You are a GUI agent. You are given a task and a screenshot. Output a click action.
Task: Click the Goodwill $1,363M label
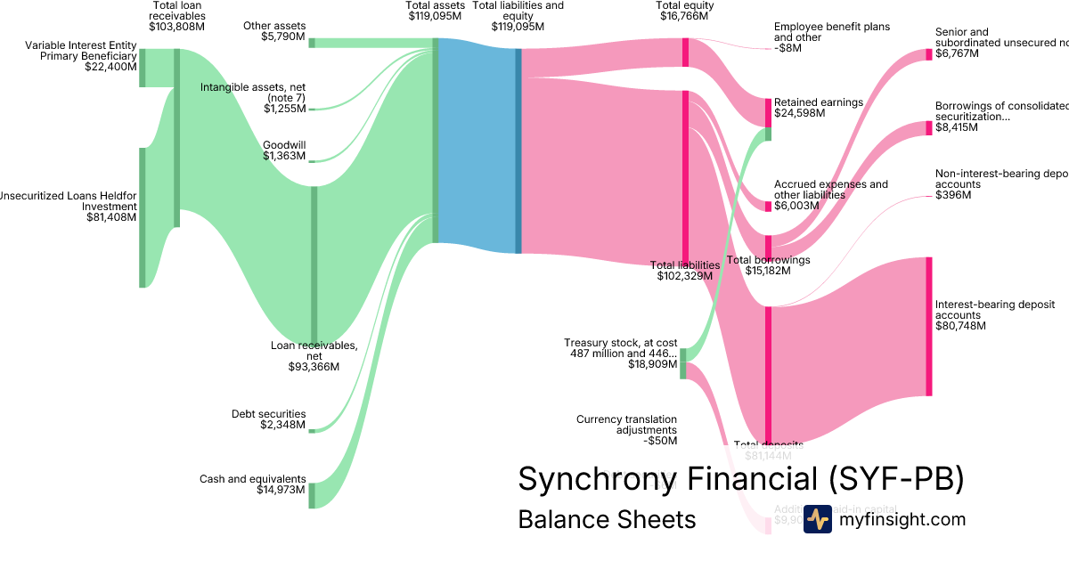(x=283, y=150)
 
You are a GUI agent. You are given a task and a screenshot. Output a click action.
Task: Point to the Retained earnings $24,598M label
(x=818, y=108)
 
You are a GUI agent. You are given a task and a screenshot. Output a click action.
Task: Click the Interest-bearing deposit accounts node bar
(x=928, y=326)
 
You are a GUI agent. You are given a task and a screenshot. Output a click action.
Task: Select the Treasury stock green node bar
(x=683, y=364)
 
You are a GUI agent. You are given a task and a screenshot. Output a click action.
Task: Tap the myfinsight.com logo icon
(x=817, y=519)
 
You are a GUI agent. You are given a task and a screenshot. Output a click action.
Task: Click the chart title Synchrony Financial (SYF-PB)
(x=740, y=479)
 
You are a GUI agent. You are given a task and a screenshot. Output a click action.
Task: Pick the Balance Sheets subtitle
(x=607, y=520)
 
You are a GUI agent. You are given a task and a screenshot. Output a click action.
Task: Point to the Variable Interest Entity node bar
(x=142, y=68)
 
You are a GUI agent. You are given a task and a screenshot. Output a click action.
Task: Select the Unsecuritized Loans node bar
(x=142, y=217)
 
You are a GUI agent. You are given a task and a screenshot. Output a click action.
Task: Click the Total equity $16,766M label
(x=683, y=11)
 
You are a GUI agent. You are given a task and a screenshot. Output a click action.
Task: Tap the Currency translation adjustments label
(x=626, y=429)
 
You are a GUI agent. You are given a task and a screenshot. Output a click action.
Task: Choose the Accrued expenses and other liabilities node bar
(x=769, y=207)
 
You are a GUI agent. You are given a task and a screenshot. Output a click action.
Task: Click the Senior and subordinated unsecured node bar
(x=928, y=55)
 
